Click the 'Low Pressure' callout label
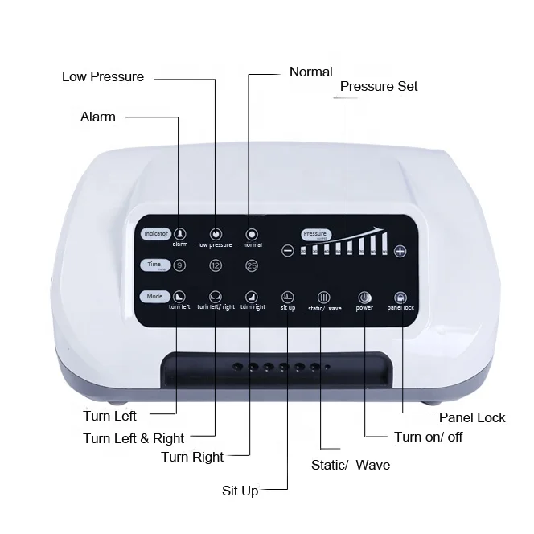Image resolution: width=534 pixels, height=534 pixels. (103, 77)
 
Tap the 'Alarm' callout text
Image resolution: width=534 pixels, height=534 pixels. (98, 117)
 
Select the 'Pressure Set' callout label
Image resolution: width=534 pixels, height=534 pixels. (379, 87)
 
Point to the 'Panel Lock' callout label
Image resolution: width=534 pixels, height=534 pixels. (472, 417)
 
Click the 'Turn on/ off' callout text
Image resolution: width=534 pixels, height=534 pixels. (429, 437)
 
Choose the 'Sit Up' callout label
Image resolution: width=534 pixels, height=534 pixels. (240, 491)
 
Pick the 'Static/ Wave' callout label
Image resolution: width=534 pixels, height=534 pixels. (351, 465)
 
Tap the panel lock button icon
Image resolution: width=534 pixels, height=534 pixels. (400, 297)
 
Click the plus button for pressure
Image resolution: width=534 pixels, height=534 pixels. (400, 251)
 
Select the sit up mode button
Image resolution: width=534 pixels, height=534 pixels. (288, 297)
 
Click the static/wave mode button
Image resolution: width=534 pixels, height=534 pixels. (324, 297)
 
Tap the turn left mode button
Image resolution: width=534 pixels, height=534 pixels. (179, 297)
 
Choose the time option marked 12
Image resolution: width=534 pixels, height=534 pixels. (216, 265)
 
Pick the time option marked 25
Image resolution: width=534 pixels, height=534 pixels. (252, 265)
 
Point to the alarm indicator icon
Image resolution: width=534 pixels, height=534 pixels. (180, 233)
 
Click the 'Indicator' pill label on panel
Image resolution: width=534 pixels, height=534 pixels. (155, 234)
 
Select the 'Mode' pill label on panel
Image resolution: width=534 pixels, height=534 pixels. (154, 296)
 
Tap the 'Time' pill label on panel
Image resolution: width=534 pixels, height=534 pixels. (154, 265)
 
